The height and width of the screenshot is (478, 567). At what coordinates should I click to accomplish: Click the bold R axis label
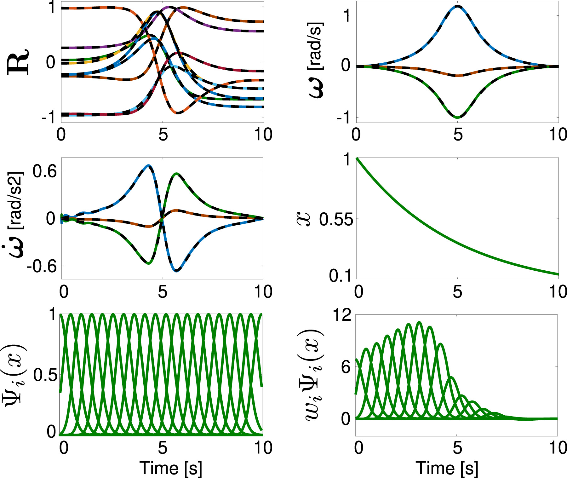pyautogui.click(x=18, y=62)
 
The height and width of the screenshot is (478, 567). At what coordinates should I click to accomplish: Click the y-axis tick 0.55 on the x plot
pyautogui.click(x=336, y=219)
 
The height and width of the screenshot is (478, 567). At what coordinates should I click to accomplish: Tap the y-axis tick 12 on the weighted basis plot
pyautogui.click(x=342, y=315)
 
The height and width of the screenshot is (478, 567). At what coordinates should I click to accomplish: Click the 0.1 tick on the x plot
pyautogui.click(x=340, y=276)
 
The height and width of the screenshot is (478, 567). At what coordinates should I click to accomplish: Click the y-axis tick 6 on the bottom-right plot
pyautogui.click(x=346, y=367)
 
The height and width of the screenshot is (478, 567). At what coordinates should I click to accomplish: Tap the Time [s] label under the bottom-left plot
pyautogui.click(x=170, y=468)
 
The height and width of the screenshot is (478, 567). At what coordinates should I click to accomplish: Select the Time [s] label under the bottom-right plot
pyautogui.click(x=447, y=468)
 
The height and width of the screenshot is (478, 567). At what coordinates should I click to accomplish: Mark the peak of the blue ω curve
pyautogui.click(x=457, y=6)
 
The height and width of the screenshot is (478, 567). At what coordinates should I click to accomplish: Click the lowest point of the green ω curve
pyautogui.click(x=457, y=118)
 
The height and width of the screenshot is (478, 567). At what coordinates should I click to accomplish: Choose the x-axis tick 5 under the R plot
pyautogui.click(x=163, y=135)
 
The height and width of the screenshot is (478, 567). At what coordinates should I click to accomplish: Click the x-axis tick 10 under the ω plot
pyautogui.click(x=558, y=135)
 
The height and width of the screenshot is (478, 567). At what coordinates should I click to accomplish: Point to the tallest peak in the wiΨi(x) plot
pyautogui.click(x=419, y=322)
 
